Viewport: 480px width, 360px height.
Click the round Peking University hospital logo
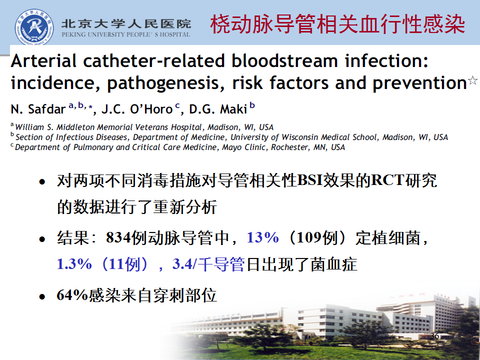[x=34, y=27]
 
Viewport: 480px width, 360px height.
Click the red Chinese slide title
[x=337, y=24]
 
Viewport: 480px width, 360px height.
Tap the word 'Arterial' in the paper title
[x=43, y=60]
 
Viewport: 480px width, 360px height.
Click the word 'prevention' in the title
[x=419, y=83]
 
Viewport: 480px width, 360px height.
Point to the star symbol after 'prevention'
[x=472, y=80]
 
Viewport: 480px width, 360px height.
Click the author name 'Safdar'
[x=47, y=109]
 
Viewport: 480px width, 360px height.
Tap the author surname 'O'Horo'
[x=151, y=109]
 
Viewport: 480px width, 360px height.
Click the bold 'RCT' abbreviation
[x=388, y=180]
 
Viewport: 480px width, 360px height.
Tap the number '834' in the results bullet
[x=118, y=237]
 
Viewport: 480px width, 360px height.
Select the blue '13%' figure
[x=262, y=237]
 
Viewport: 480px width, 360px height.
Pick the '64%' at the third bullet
[x=72, y=295]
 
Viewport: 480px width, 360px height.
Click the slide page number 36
[x=434, y=336]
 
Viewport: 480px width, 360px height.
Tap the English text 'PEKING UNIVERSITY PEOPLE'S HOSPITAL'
[x=126, y=34]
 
